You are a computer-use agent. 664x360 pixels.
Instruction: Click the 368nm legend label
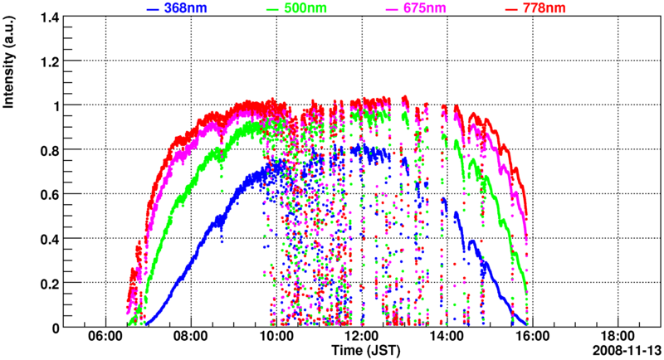pyautogui.click(x=187, y=8)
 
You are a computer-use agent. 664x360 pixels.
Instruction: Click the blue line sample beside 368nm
pyautogui.click(x=152, y=9)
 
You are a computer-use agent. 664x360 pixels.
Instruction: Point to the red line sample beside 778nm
pyautogui.click(x=514, y=9)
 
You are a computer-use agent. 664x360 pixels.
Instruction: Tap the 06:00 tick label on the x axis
pyautogui.click(x=105, y=337)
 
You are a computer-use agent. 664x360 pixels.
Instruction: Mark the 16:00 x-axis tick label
pyautogui.click(x=532, y=337)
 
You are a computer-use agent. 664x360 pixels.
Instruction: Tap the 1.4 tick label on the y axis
pyautogui.click(x=43, y=17)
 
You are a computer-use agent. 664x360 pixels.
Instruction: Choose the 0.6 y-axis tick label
pyautogui.click(x=43, y=194)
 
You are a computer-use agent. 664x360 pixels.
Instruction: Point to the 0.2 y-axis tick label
pyautogui.click(x=43, y=283)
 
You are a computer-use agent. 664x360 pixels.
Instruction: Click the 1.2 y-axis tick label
pyautogui.click(x=43, y=61)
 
